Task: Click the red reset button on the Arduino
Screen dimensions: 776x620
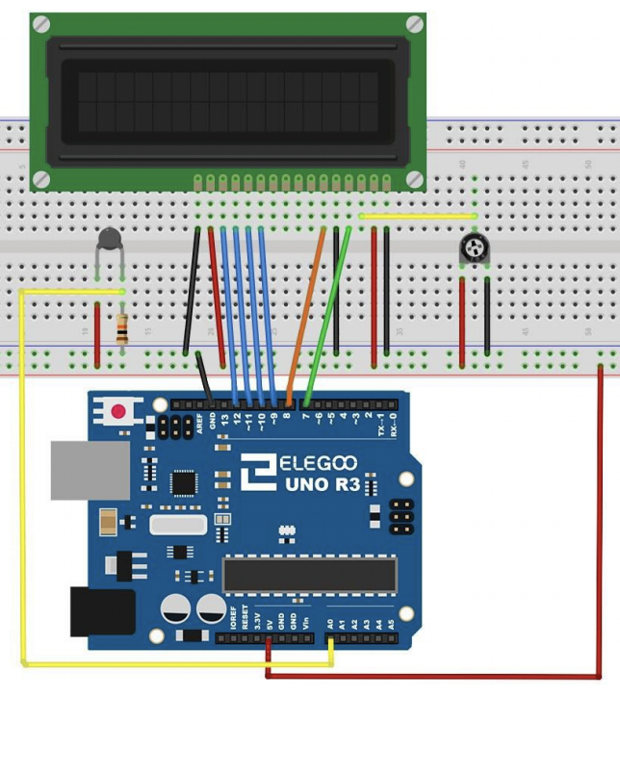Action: (118, 412)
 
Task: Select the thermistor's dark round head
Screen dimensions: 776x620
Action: (110, 238)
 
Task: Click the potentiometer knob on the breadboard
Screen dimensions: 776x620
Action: (474, 249)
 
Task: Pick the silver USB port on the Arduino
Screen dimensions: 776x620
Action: (89, 470)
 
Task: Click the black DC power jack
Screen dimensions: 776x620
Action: (100, 611)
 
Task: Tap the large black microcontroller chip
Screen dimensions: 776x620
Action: (309, 575)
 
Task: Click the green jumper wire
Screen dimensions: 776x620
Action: (328, 313)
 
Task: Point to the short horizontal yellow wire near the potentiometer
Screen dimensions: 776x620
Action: (418, 216)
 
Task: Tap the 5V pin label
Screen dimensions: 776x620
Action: (269, 622)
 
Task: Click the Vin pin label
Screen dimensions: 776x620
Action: (305, 622)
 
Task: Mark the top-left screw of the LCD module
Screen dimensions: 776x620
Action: (41, 24)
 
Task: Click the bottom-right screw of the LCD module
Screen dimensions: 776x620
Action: (414, 178)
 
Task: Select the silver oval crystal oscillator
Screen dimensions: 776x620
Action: (178, 524)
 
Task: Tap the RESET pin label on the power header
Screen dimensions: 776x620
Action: (245, 618)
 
